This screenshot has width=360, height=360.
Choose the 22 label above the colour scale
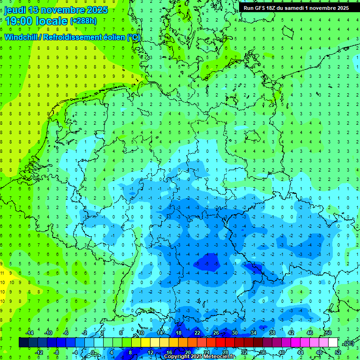coord(197,333)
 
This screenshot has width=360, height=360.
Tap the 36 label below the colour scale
coord(263,352)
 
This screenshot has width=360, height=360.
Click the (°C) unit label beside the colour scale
coord(348,343)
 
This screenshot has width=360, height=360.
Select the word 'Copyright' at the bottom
coord(177,357)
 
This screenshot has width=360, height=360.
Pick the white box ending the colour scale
coord(333,343)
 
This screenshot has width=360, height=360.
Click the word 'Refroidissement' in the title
coord(74,37)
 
